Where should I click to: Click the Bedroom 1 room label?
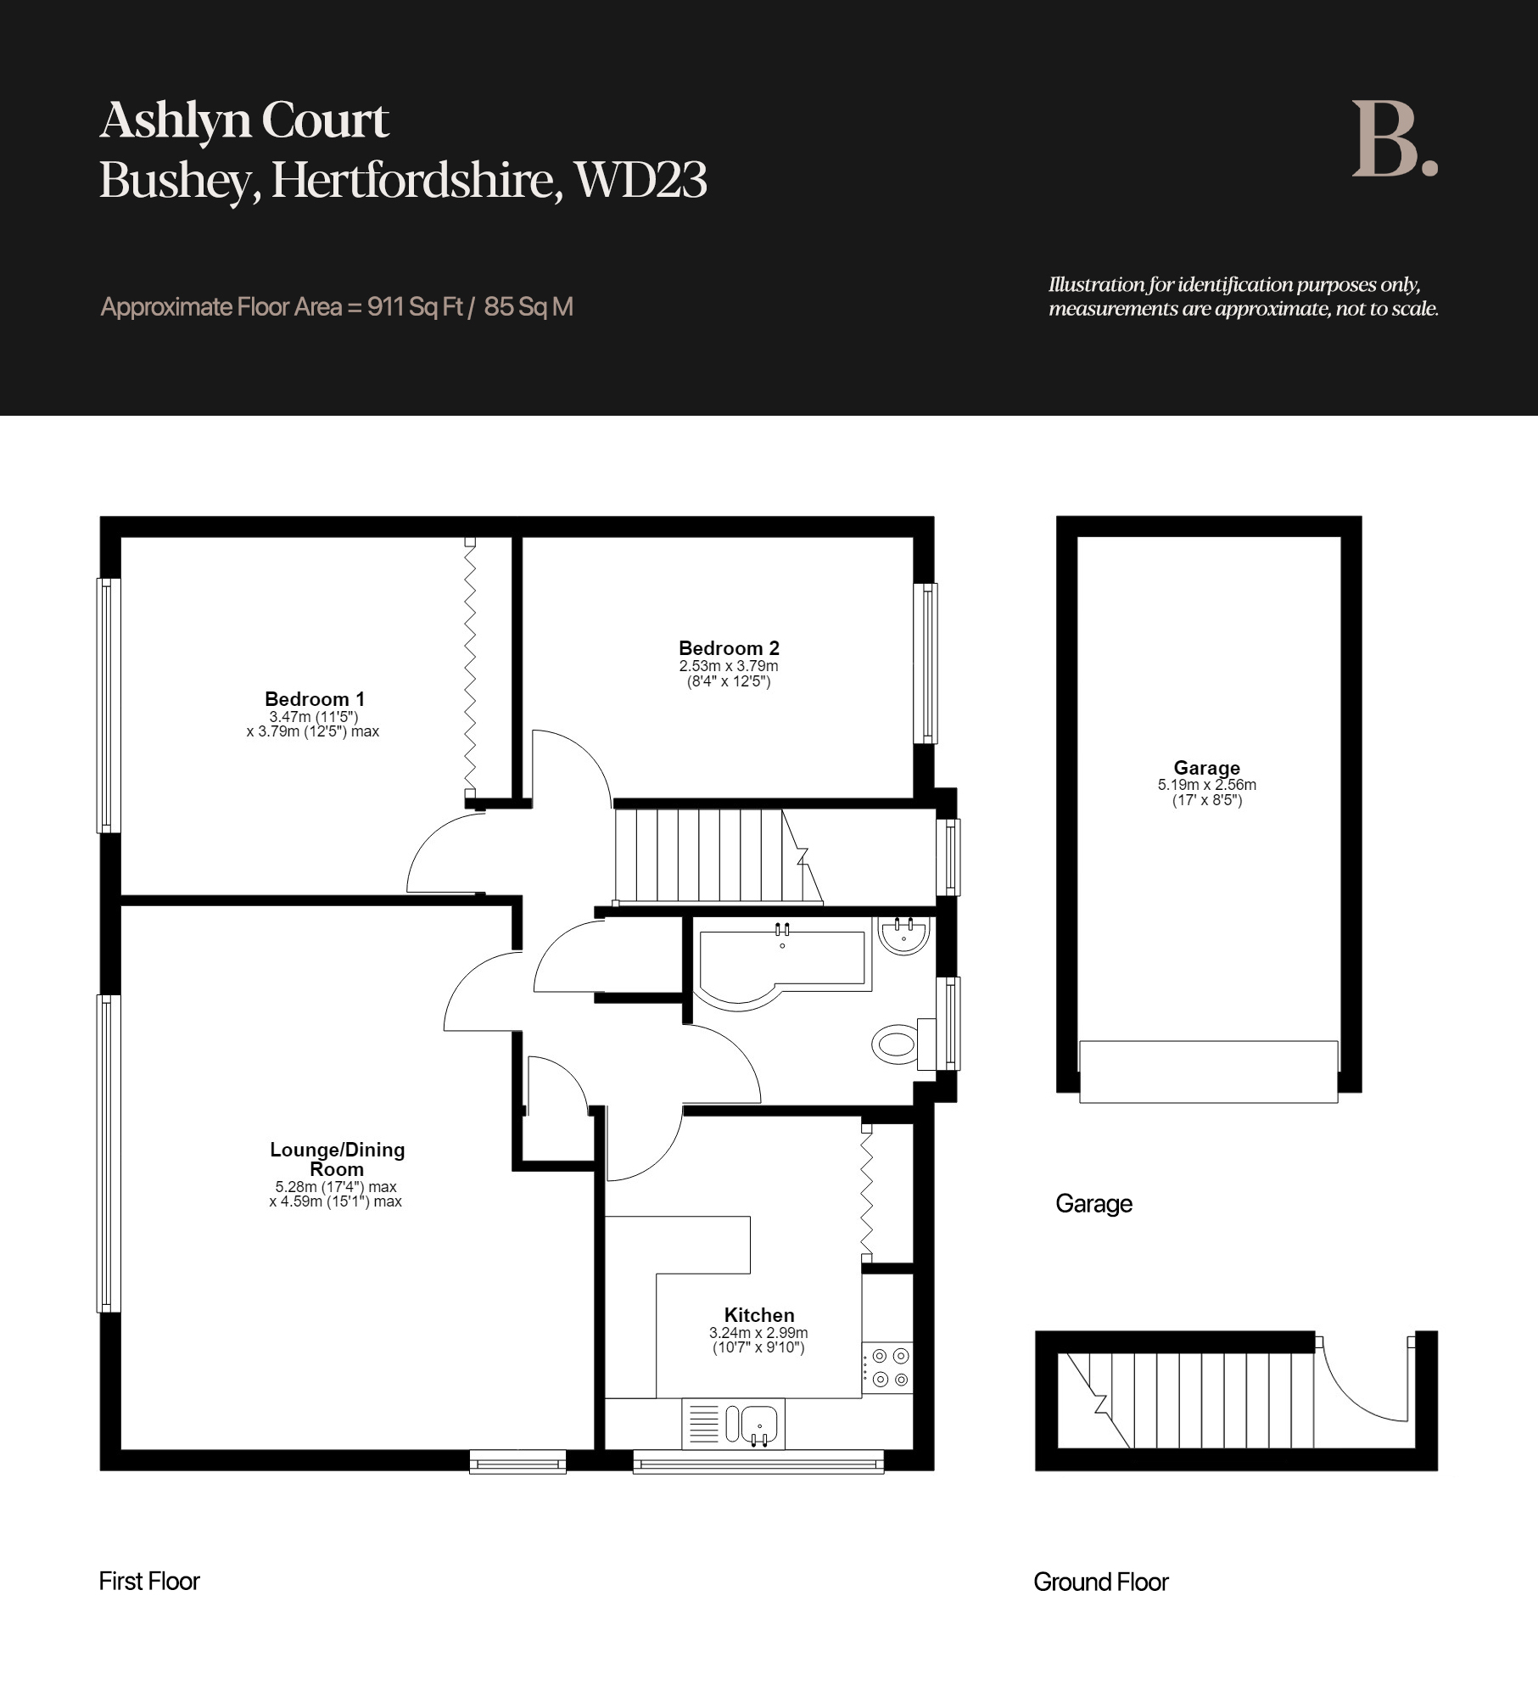(315, 699)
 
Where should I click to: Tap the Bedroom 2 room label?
(729, 648)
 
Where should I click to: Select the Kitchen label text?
(759, 1315)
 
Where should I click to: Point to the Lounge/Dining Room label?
(337, 1159)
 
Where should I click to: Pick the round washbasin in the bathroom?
(904, 936)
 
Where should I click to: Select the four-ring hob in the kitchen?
(888, 1368)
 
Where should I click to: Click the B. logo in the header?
(1395, 139)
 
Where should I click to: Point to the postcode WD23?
(640, 180)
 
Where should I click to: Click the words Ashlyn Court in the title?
(244, 120)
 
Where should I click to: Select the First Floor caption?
(149, 1582)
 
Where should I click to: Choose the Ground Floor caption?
(1101, 1582)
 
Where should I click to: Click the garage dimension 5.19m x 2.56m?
(1207, 785)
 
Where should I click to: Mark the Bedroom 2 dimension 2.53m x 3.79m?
(729, 666)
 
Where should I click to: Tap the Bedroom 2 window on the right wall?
(930, 664)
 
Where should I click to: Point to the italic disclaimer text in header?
(1244, 296)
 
